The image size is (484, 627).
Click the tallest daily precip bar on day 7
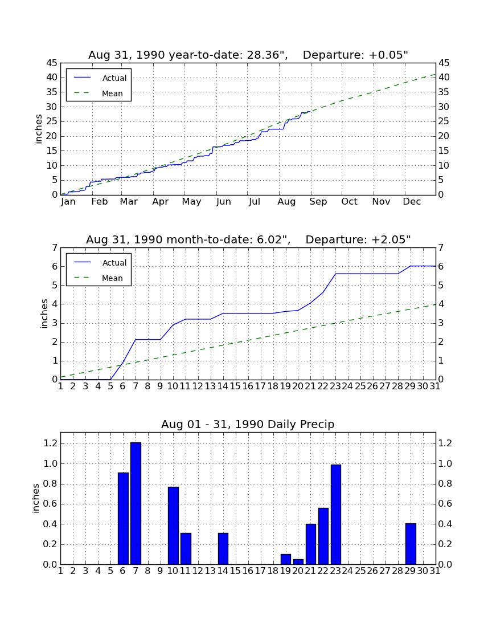(136, 503)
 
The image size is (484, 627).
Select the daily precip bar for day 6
(123, 519)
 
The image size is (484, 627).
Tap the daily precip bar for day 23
(336, 515)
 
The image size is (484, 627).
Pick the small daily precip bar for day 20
(298, 562)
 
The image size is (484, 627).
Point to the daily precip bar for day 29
(411, 544)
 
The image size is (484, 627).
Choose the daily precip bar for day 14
(223, 548)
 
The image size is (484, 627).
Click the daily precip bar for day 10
(173, 526)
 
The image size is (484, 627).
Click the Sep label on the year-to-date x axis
(318, 202)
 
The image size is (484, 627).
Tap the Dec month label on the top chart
(412, 202)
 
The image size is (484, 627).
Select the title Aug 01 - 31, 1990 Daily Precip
(248, 424)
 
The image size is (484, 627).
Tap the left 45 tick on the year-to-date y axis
(53, 63)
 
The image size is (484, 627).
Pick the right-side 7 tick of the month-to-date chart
(441, 248)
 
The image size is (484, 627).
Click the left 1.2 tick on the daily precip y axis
(51, 443)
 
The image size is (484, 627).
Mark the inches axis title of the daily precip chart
(36, 498)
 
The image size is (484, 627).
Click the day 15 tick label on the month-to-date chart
(235, 386)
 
